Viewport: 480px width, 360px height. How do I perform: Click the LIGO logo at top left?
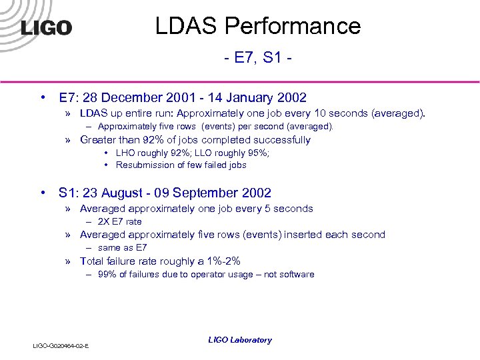pos(46,27)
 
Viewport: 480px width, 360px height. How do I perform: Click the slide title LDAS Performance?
pos(257,26)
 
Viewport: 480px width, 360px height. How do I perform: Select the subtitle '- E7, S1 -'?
pos(257,60)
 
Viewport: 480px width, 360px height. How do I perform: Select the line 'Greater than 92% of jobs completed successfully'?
pos(195,140)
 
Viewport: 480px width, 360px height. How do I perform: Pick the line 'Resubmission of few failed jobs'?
pos(181,165)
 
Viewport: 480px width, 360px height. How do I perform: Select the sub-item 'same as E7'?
pos(122,247)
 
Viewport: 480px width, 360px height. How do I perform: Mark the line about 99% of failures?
pos(205,274)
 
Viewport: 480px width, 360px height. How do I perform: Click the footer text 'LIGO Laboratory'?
pos(240,340)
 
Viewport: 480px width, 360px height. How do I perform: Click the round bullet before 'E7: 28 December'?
pos(43,98)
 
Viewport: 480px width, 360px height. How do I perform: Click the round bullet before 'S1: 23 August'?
pos(43,193)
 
